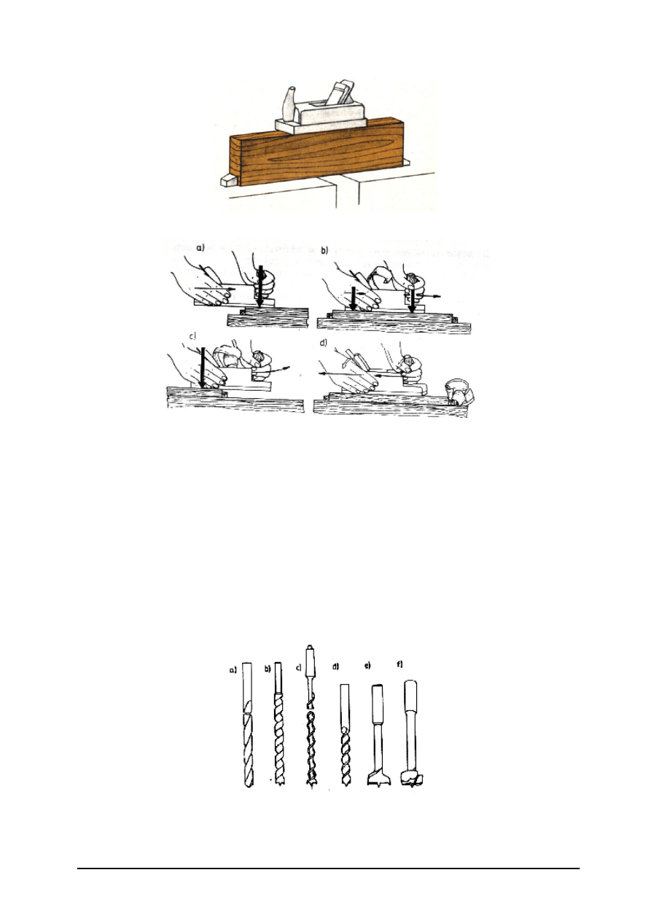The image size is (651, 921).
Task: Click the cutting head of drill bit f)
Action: click(x=413, y=777)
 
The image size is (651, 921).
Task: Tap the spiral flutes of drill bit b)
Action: click(x=278, y=737)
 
